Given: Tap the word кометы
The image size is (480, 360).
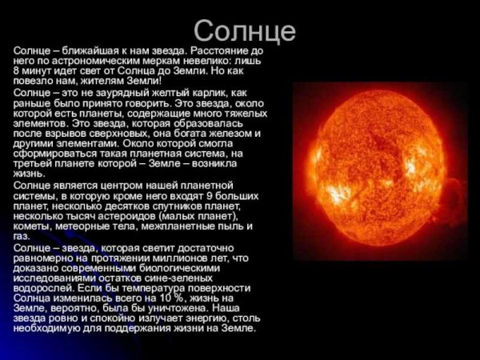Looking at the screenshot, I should [x=30, y=226].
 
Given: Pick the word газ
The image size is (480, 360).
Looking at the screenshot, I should [x=21, y=237].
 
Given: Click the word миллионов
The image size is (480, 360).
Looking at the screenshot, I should [x=166, y=258].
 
